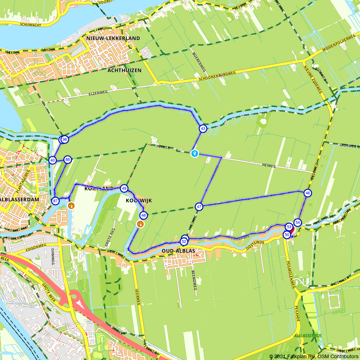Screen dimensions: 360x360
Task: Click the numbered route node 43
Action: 203,129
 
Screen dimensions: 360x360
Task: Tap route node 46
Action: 307,193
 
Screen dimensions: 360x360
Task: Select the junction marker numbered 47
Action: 199,207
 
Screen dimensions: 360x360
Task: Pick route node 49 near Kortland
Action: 124,188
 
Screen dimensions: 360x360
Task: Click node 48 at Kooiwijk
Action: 144,216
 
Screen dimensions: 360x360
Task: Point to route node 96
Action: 65,139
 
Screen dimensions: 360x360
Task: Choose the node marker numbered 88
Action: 67,159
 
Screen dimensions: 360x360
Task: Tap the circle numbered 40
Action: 53,160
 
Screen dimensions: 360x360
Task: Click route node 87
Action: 55,201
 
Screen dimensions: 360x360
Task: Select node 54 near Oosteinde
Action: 297,222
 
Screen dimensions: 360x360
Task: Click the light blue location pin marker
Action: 194,153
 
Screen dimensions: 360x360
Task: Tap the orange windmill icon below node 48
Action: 140,224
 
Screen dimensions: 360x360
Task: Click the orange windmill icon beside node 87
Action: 71,206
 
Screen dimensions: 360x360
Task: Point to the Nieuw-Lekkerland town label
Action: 113,38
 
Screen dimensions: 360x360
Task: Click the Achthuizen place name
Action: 124,70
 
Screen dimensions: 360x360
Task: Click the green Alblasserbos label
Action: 307,336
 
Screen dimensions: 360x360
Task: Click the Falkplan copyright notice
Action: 314,356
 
